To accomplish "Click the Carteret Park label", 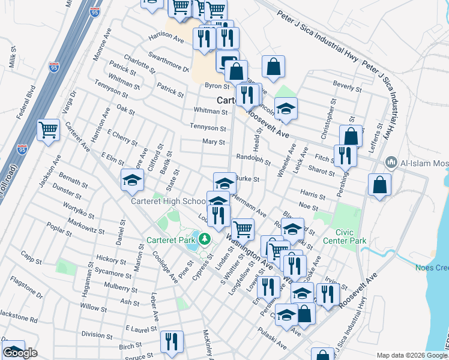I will [x=170, y=240].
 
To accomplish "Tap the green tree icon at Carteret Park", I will [x=205, y=239].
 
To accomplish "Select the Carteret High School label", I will [x=169, y=202].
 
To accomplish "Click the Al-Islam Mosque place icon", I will [x=391, y=161].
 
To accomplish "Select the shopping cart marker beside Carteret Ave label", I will [x=48, y=130].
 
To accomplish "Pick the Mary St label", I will [x=213, y=142].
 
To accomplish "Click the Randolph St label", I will [x=253, y=160].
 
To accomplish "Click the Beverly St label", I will [x=347, y=86].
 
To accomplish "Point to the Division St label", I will [x=93, y=334].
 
